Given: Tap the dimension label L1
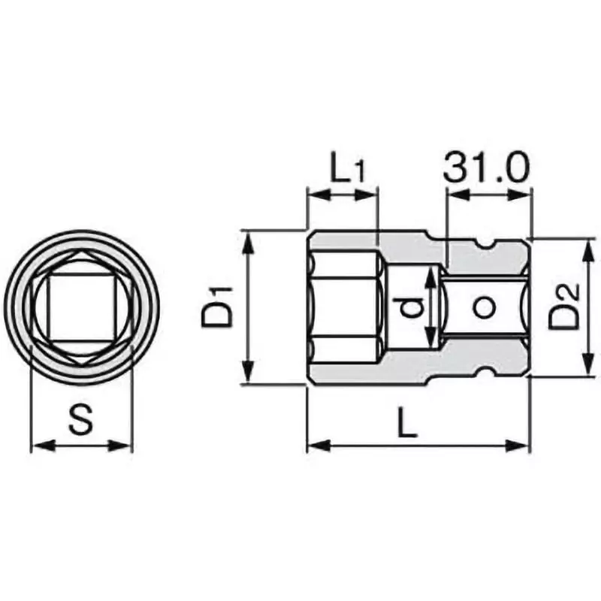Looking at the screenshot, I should (x=347, y=170).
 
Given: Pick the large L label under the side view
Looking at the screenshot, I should (x=406, y=424).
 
